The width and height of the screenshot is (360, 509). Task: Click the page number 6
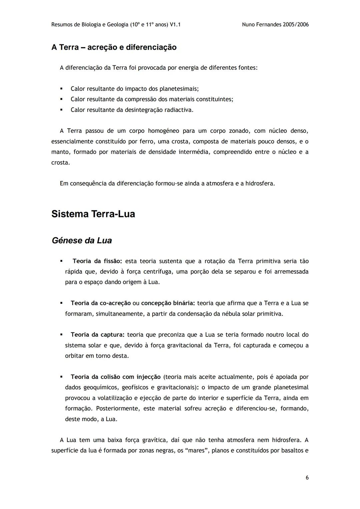[x=307, y=478]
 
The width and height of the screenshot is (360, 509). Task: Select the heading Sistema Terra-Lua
[x=93, y=214]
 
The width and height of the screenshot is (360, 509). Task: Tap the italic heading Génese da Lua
[x=82, y=241]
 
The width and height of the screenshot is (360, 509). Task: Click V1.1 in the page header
[x=175, y=25]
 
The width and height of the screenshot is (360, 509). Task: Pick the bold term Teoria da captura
[x=97, y=335]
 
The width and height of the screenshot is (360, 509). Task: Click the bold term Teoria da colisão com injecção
[x=115, y=377]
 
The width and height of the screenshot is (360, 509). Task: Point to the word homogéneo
[x=163, y=131]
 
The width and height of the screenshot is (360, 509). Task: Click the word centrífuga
[x=158, y=272]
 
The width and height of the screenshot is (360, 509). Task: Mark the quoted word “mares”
[x=197, y=451]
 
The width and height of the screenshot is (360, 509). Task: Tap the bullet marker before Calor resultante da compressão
[x=61, y=99]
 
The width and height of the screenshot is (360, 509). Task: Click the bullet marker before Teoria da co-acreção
[x=61, y=303]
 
